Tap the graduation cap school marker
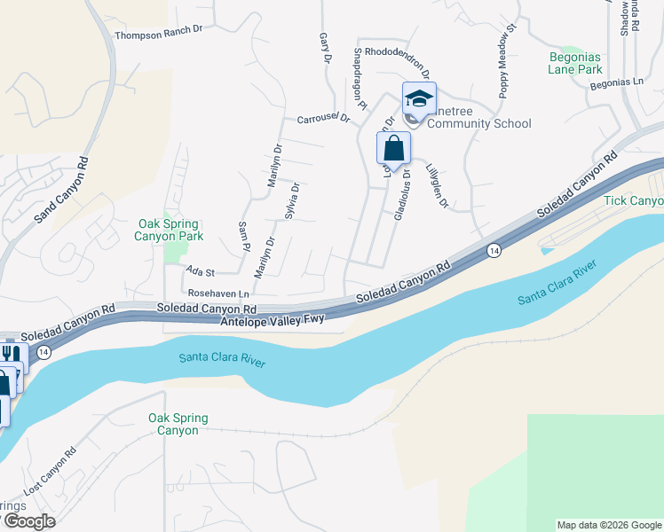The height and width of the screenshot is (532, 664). [419, 98]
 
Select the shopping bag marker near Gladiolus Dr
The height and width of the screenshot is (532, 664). [393, 148]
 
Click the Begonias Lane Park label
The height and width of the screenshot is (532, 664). [575, 62]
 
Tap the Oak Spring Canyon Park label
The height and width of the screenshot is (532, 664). [169, 231]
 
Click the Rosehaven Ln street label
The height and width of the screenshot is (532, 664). [217, 292]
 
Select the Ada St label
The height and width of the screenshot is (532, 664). [201, 270]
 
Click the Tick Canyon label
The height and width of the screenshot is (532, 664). [634, 201]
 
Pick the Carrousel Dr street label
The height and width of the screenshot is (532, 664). [324, 118]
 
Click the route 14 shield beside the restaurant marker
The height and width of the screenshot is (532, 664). [42, 352]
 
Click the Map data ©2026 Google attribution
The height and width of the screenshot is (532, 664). [608, 525]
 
